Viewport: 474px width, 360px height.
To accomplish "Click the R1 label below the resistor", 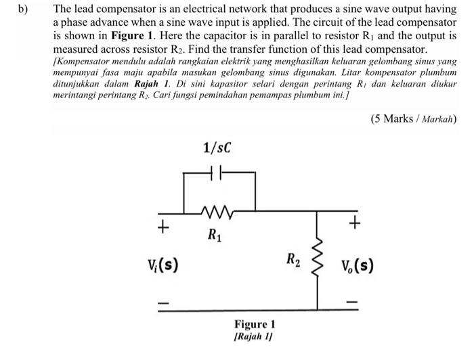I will pyautogui.click(x=214, y=237).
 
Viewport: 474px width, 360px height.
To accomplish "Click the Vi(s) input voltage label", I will pyautogui.click(x=163, y=264).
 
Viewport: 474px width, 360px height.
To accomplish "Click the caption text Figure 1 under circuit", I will pyautogui.click(x=255, y=324).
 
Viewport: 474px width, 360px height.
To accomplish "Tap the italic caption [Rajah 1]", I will pyautogui.click(x=255, y=337).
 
